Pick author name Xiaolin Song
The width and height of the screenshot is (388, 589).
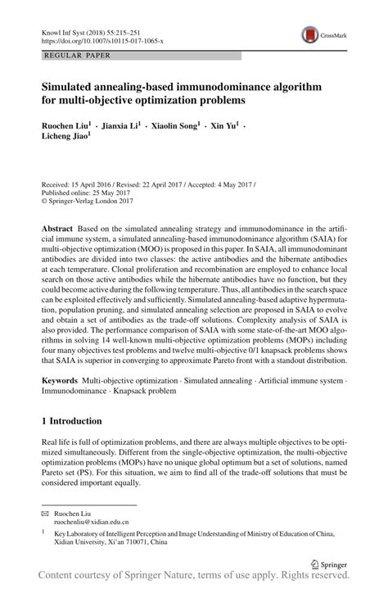pyautogui.click(x=174, y=126)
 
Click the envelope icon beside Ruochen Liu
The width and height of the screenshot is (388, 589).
pyautogui.click(x=45, y=512)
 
